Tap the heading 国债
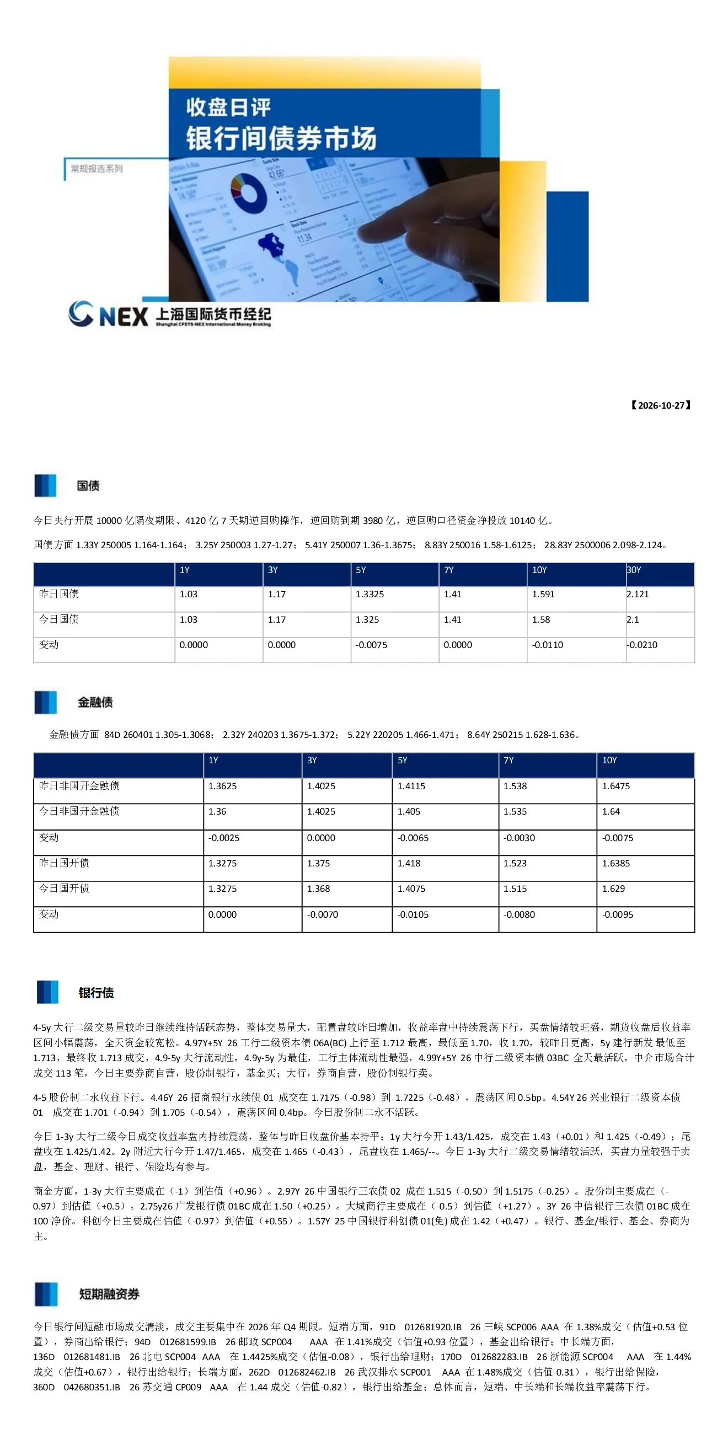point(88,485)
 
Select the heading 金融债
point(95,702)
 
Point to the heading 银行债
point(96,993)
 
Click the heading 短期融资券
point(109,1294)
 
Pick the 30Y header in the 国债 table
point(634,570)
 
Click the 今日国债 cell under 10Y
point(541,619)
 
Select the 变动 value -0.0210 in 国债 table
point(642,645)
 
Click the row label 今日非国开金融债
point(79,811)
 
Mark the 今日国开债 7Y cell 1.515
point(515,888)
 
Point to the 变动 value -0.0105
point(413,914)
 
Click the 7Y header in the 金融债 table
point(508,760)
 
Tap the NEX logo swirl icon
point(81,314)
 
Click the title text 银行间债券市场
point(281,138)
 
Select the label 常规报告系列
point(97,168)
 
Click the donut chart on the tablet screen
point(249,193)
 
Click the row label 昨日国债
point(59,593)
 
